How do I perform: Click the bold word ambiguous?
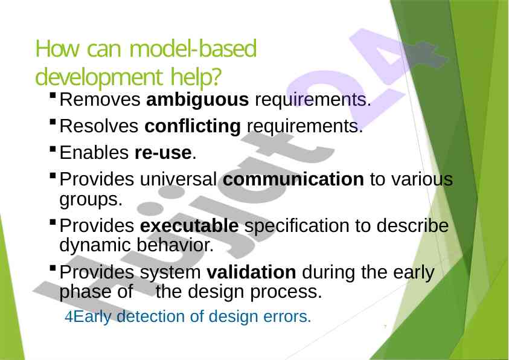coord(197,100)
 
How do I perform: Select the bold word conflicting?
coord(193,126)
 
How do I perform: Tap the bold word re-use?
coord(163,153)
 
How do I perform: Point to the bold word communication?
coord(293,179)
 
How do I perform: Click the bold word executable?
coord(189,226)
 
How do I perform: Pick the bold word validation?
coord(251,272)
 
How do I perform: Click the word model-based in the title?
coord(193,49)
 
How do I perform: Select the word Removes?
coord(100,99)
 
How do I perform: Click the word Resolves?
coord(99,126)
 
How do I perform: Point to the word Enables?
coord(94,153)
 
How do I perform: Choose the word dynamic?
coord(95,245)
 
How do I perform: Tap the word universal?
coord(179,179)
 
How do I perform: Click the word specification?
coord(296,227)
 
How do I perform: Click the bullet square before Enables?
coord(53,149)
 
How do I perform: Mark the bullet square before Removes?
coord(53,96)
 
